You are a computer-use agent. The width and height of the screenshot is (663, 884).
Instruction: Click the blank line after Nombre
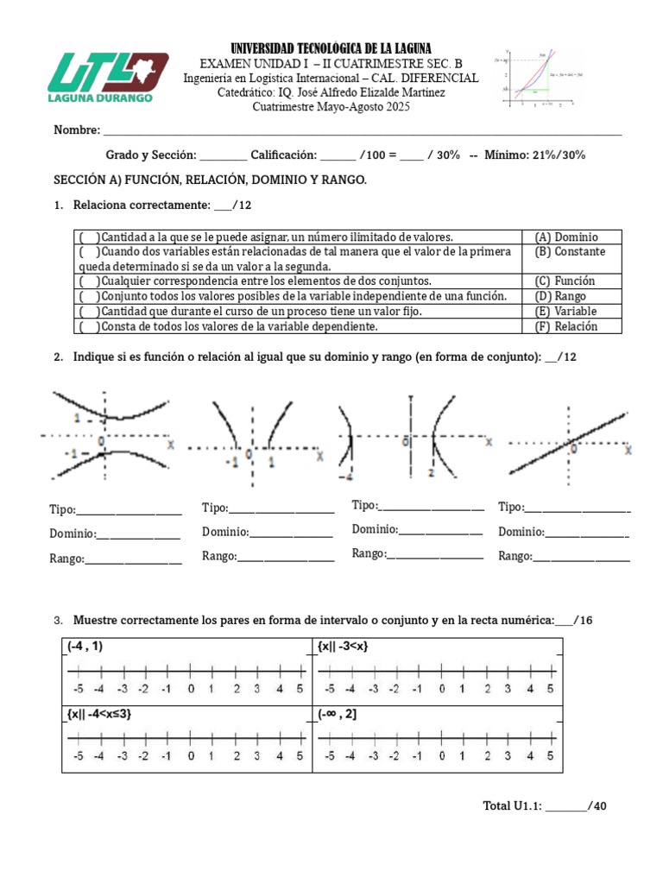(x=363, y=131)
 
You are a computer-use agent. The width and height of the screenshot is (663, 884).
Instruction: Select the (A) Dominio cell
(x=566, y=237)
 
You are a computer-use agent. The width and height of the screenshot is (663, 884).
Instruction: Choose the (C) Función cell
(x=565, y=281)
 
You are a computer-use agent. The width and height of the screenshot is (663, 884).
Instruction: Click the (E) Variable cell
(x=565, y=311)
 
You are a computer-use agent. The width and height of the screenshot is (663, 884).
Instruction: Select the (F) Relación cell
(x=565, y=326)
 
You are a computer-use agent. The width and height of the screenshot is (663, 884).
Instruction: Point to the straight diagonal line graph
(x=570, y=440)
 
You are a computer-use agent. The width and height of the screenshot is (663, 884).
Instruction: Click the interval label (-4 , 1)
(x=85, y=647)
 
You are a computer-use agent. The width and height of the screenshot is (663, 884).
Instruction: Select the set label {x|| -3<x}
(x=343, y=647)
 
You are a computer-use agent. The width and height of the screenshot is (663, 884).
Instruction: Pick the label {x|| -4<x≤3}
(x=99, y=715)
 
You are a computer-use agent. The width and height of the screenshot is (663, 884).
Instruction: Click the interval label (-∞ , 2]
(x=338, y=715)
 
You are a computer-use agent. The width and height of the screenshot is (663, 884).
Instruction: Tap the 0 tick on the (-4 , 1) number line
(x=190, y=674)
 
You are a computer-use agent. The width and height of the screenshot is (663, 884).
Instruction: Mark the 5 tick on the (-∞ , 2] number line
(x=550, y=740)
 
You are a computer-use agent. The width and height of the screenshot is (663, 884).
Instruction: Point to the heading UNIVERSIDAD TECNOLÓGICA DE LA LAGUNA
(x=331, y=48)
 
